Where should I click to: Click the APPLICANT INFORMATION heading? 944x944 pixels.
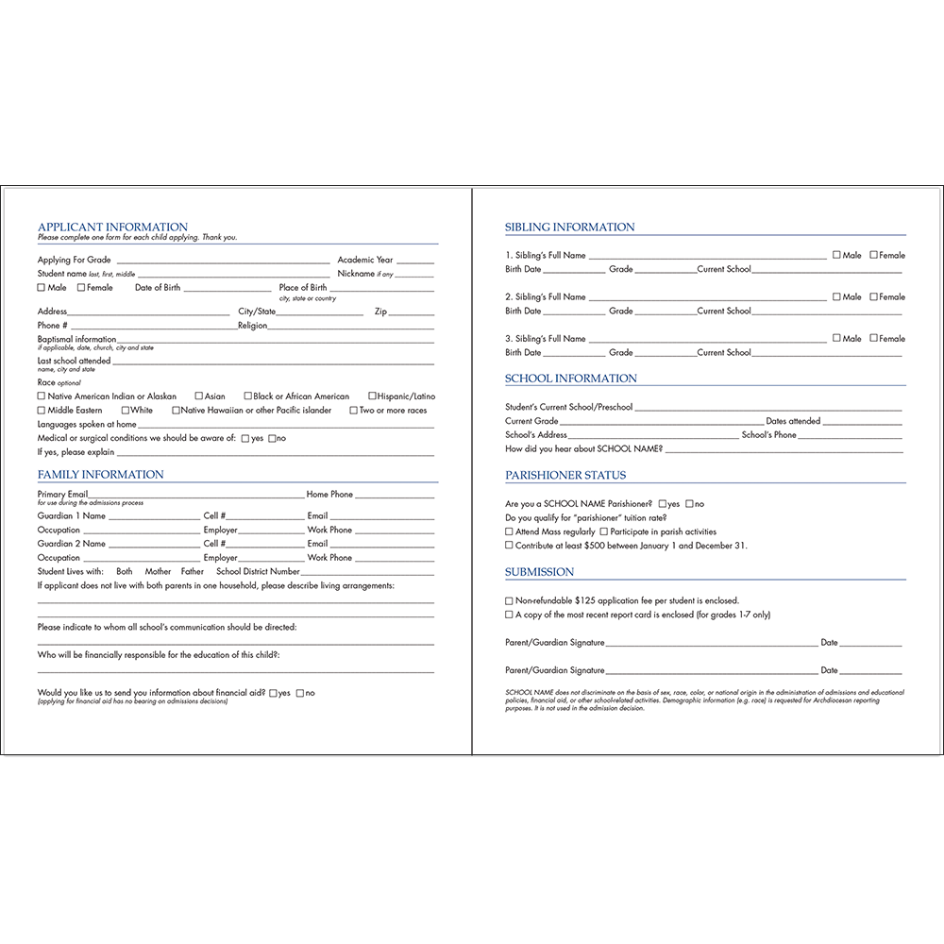pyautogui.click(x=112, y=228)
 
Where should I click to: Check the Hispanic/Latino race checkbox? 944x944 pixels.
pyautogui.click(x=372, y=396)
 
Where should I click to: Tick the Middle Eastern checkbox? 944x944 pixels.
pyautogui.click(x=42, y=411)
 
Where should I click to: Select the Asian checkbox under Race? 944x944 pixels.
pyautogui.click(x=199, y=396)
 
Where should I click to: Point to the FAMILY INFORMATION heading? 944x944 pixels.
pyautogui.click(x=101, y=475)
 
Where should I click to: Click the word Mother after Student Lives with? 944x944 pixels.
pyautogui.click(x=158, y=572)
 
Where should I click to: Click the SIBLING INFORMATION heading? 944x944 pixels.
pyautogui.click(x=570, y=228)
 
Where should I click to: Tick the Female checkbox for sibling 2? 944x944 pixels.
pyautogui.click(x=874, y=296)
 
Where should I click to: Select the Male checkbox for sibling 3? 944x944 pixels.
pyautogui.click(x=837, y=338)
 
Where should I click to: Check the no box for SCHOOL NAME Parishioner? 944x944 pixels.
pyautogui.click(x=690, y=504)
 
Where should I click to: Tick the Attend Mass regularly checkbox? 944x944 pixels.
pyautogui.click(x=510, y=532)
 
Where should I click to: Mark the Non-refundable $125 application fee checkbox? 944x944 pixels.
pyautogui.click(x=510, y=600)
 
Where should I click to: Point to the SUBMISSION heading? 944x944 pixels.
pyautogui.click(x=540, y=572)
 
